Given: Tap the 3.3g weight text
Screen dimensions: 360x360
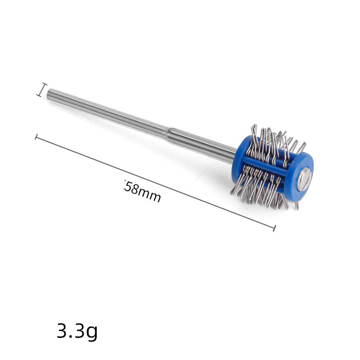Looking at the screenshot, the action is point(77,331).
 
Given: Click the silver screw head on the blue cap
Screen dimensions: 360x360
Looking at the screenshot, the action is point(305,179).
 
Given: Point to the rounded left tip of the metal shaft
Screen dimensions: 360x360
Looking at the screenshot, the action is point(48,94).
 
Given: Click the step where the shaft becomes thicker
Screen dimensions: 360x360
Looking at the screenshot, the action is point(167,134).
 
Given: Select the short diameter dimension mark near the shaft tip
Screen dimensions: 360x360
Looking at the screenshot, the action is point(42,90).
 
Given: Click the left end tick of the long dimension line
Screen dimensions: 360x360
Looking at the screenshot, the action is point(36,137).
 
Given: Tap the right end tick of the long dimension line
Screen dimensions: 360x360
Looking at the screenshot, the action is point(274,228).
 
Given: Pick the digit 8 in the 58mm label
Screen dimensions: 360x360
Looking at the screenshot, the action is point(134,189).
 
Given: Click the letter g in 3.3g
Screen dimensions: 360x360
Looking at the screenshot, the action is point(92,333).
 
